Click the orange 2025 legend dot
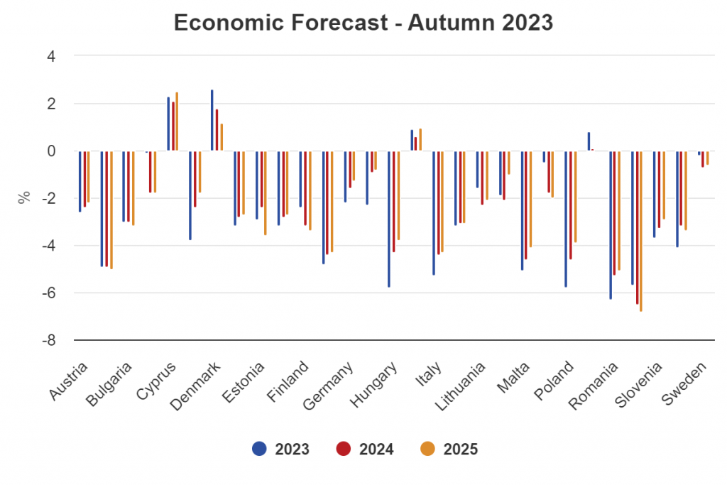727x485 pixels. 427,449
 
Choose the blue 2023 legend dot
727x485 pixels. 259,449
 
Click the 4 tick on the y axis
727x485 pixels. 51,55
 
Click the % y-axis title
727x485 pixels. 24,198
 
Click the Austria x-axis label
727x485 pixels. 70,383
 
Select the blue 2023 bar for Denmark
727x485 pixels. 190,195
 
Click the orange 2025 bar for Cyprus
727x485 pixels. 177,121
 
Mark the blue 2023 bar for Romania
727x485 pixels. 611,225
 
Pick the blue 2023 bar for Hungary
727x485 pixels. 389,219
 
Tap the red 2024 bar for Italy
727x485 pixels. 437,202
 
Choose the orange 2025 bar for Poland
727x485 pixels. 576,197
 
